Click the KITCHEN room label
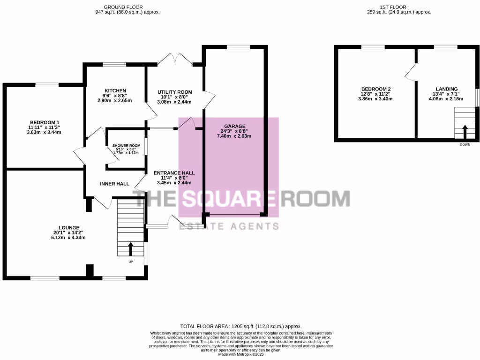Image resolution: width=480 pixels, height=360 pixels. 115,90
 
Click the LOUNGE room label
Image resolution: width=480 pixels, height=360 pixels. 68,227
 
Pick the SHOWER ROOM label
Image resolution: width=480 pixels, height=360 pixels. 126,146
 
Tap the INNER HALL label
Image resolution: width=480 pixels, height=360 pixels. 114,184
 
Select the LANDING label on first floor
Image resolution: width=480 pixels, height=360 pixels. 446,89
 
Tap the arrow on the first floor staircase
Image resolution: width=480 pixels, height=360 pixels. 465,131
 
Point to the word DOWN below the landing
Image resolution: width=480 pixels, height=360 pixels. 465,145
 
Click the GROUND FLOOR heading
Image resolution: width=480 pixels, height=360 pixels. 127,7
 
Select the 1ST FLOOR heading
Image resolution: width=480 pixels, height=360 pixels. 399,7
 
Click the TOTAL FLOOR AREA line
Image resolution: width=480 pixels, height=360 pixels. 241,326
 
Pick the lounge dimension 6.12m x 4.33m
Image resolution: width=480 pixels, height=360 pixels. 68,238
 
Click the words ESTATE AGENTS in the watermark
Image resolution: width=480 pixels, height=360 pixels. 229,226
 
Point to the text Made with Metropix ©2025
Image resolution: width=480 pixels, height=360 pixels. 241,354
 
